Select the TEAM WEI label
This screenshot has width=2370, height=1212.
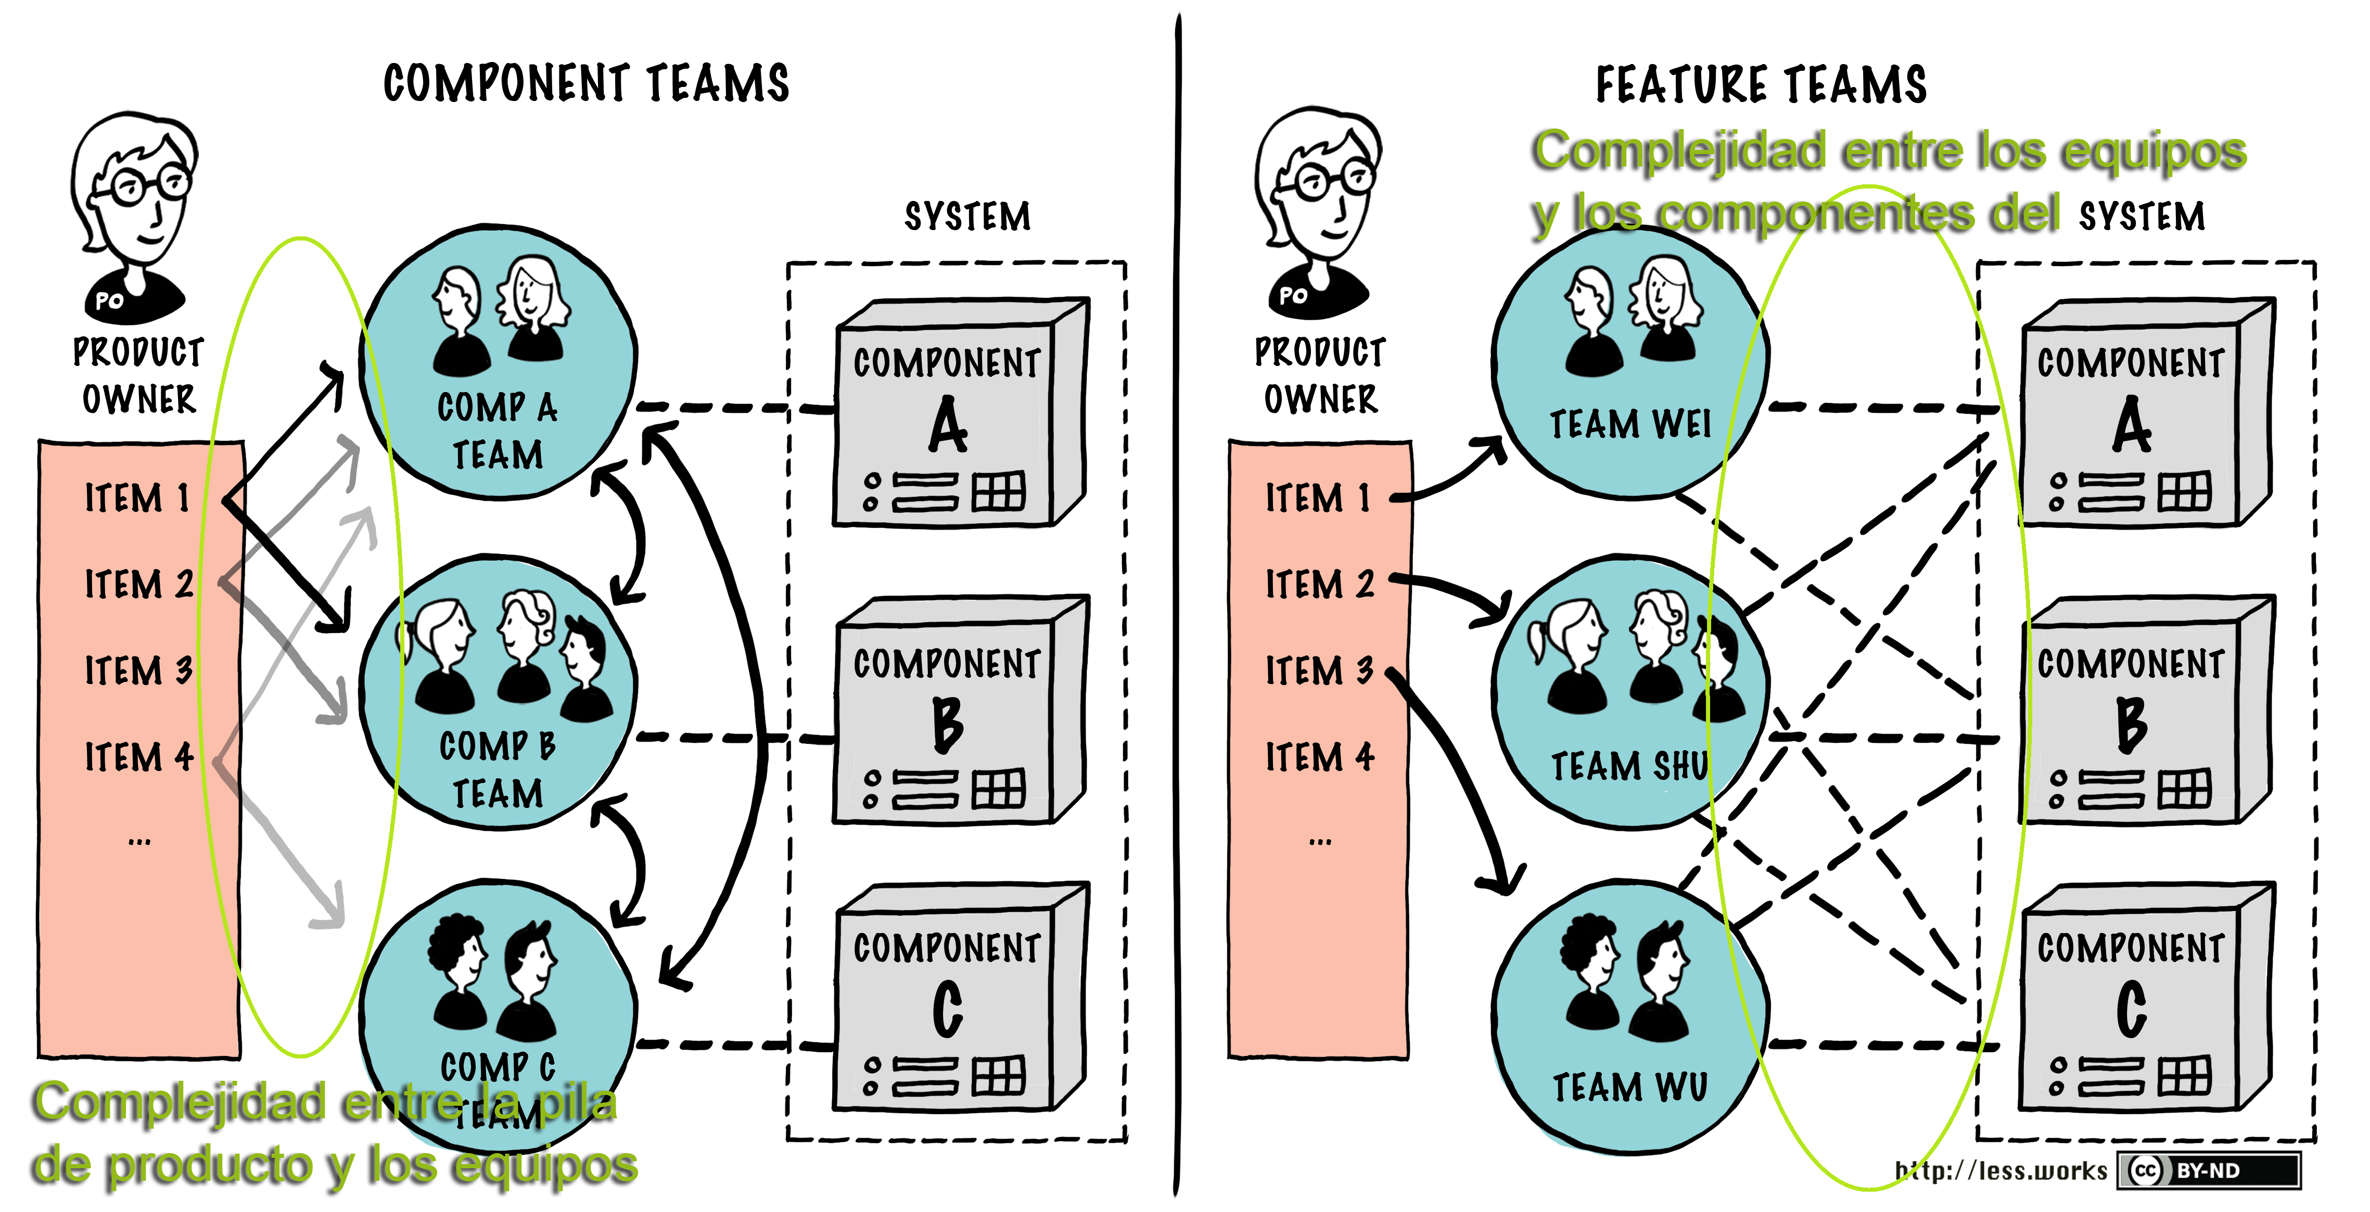1629,424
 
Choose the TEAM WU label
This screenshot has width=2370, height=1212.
1629,1087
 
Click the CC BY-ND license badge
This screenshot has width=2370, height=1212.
2208,1170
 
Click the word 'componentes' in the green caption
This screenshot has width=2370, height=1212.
1817,213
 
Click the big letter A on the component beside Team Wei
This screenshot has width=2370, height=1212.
2131,425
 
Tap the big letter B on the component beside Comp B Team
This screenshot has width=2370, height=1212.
948,724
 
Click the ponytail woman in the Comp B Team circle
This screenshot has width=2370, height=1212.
442,653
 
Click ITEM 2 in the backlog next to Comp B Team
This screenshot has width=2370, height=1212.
138,584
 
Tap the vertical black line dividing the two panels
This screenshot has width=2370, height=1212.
1177,598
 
